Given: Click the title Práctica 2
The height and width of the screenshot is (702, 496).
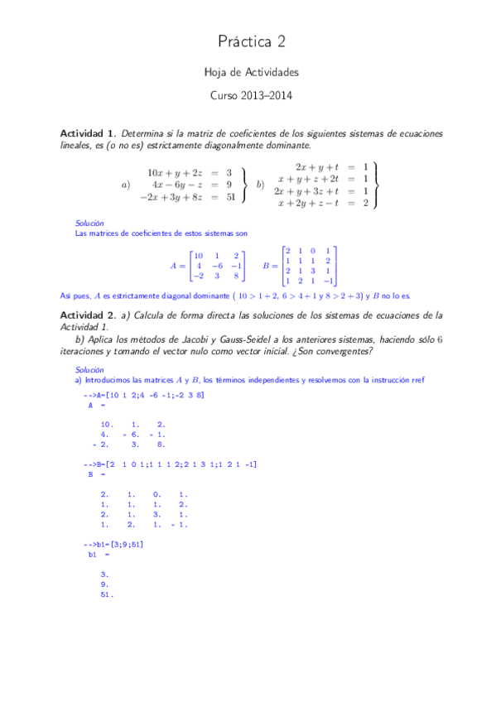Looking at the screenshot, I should pyautogui.click(x=252, y=41).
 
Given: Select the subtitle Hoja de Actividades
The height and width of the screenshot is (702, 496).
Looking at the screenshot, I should pyautogui.click(x=252, y=74).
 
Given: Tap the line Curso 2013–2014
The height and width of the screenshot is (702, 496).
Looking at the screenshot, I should pyautogui.click(x=252, y=95).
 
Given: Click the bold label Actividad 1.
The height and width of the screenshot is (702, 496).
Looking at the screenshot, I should pyautogui.click(x=88, y=133).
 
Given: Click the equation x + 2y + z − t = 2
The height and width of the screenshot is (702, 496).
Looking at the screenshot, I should pyautogui.click(x=323, y=203).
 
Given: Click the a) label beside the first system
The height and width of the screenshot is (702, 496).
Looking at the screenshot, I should pyautogui.click(x=126, y=185).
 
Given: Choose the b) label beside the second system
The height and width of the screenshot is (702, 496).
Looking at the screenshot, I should pyautogui.click(x=260, y=185).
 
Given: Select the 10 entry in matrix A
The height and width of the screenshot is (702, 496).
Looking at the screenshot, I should pyautogui.click(x=198, y=255).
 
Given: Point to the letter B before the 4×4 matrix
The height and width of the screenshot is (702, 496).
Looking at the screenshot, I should pyautogui.click(x=266, y=266).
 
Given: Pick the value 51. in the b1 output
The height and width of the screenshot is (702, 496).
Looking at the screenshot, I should pyautogui.click(x=106, y=594).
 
